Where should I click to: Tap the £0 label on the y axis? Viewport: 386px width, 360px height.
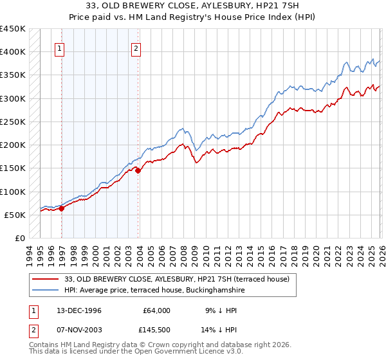coord(20,239)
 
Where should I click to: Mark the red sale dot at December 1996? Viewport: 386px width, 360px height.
coord(62,208)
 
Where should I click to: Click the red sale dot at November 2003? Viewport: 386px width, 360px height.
coord(138,170)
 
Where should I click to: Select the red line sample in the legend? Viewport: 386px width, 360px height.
coord(46,279)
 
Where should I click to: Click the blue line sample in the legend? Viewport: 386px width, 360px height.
coord(46,291)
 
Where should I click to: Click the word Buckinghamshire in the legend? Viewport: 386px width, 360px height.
coord(213,291)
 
